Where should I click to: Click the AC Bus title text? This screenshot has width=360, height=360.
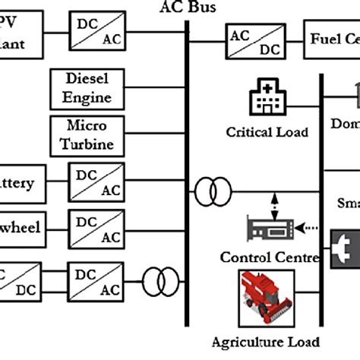[188, 8]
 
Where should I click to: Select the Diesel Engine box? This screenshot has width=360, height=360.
[90, 88]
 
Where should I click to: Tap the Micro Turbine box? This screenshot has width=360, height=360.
[90, 134]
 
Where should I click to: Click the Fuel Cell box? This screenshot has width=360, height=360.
[333, 39]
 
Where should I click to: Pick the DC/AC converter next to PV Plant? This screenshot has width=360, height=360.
[96, 33]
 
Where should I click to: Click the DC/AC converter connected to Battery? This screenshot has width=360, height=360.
[96, 184]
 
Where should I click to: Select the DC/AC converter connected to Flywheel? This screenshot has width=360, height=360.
[96, 226]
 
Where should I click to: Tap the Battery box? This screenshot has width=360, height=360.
[21, 184]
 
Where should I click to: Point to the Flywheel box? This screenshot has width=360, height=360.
[21, 226]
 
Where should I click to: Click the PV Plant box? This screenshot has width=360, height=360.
[21, 33]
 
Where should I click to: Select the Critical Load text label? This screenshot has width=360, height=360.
[267, 132]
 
